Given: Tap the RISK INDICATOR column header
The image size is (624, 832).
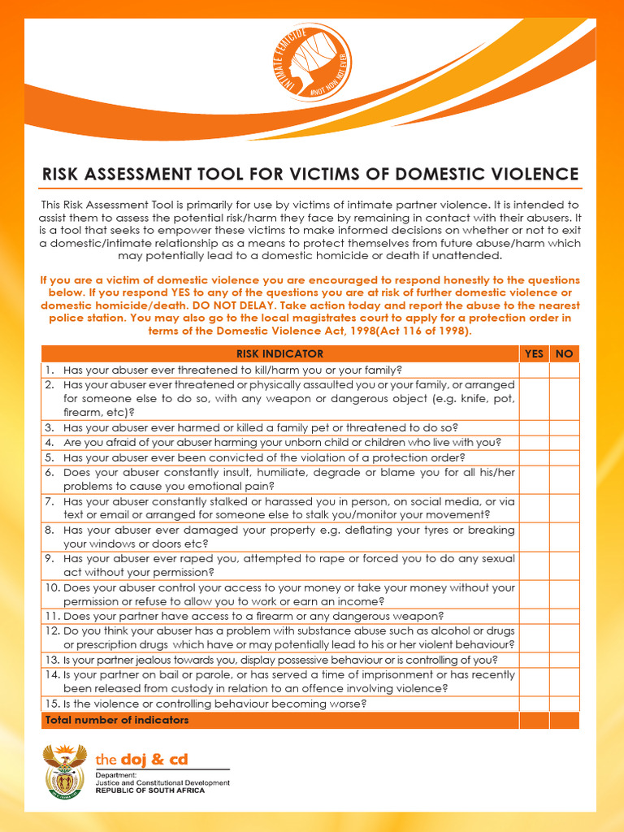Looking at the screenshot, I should click(x=279, y=353).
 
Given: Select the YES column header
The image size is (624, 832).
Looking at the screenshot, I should click(x=534, y=353).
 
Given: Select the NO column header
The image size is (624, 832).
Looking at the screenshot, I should click(x=564, y=353).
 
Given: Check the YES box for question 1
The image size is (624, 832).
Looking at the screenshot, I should click(x=534, y=370).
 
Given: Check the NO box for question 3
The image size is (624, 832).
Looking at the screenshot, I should click(x=564, y=427).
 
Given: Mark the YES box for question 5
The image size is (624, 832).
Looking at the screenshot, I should click(x=534, y=457).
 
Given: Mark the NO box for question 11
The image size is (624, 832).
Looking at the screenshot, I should click(x=564, y=616).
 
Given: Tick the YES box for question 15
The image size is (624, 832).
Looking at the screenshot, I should click(x=534, y=704).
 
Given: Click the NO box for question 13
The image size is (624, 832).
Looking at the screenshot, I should click(x=564, y=660).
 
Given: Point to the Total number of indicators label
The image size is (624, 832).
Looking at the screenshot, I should click(x=117, y=720).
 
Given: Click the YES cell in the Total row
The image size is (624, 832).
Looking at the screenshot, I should click(x=534, y=720).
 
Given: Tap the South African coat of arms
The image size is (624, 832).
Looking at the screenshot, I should click(x=63, y=770).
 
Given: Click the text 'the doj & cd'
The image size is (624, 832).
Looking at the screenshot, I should click(x=141, y=760).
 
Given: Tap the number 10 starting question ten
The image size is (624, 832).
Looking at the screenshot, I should click(x=50, y=587).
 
